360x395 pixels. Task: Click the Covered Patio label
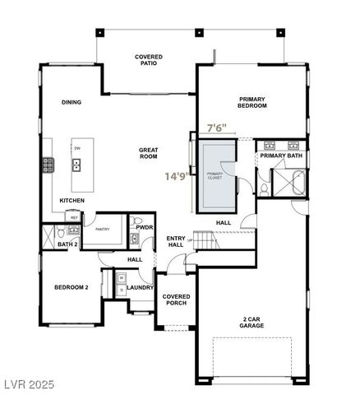pos(149,61)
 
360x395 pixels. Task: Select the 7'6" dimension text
pos(216,129)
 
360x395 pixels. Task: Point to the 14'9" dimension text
pos(177,175)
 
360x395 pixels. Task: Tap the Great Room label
pos(148,153)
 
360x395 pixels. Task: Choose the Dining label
pos(72,102)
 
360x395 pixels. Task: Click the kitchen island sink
pos(76,165)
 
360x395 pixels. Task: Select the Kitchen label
pos(72,202)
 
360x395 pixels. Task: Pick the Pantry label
pos(103,230)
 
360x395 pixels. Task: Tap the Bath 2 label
pos(67,244)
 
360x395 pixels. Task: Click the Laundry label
pos(141,287)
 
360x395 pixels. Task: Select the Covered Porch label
pos(175,300)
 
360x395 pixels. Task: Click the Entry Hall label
pos(175,241)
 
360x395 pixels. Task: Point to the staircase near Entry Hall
pos(210,241)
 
